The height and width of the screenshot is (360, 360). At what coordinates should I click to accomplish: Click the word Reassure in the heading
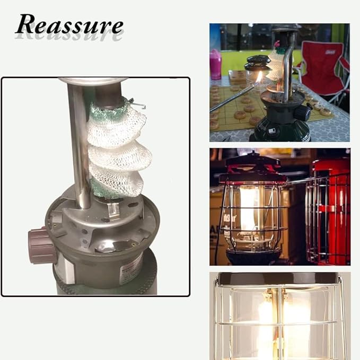point(69,24)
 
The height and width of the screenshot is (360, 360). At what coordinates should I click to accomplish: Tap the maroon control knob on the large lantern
point(41,244)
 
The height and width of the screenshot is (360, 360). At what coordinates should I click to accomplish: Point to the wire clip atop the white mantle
point(136,103)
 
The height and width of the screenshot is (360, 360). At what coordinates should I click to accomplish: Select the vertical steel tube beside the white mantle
point(80,147)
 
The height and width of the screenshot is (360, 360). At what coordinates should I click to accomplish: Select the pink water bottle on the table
point(216,65)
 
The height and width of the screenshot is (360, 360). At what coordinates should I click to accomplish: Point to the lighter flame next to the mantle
point(260,77)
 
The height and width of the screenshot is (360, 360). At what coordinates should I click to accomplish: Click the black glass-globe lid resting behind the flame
point(257,63)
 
